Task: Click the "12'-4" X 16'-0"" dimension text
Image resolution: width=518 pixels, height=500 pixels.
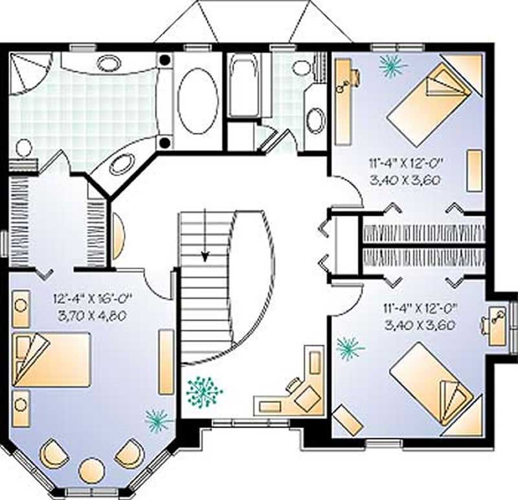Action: point(93,299)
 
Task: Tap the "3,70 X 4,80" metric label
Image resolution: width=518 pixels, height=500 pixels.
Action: point(93,316)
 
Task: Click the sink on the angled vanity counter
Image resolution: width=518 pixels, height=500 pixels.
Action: point(121,164)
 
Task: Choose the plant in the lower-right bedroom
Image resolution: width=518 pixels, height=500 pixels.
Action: point(349,348)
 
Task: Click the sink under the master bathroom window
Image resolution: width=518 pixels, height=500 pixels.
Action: point(108,63)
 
